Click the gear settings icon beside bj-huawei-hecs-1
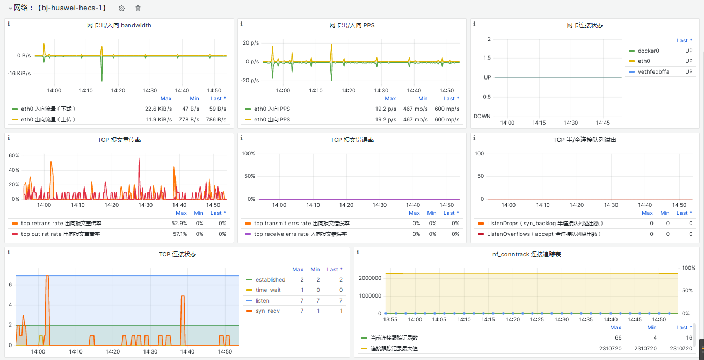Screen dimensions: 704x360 [x=121, y=8]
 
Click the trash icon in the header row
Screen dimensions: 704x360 [x=137, y=8]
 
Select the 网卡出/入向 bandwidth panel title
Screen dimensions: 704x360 [x=119, y=25]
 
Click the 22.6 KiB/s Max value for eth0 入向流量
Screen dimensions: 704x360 [x=158, y=109]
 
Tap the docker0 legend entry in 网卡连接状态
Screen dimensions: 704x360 [x=648, y=51]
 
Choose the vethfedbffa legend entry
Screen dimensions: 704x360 [x=654, y=71]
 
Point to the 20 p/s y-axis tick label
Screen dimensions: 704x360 [x=251, y=43]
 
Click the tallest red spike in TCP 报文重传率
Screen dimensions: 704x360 [x=139, y=159]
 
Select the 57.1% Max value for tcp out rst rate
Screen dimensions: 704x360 [x=179, y=234]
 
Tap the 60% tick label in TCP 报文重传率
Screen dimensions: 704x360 [x=14, y=156]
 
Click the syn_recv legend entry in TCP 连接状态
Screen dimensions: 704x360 [x=267, y=311]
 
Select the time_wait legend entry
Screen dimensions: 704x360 [x=268, y=290]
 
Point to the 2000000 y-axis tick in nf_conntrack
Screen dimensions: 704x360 [x=370, y=278]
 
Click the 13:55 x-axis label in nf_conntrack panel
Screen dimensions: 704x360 [x=390, y=320]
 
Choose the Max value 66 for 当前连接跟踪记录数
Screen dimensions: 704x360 [x=618, y=337]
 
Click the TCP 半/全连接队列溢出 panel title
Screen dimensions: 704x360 [x=585, y=140]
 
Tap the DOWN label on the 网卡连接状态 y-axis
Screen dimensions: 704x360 [x=482, y=117]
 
